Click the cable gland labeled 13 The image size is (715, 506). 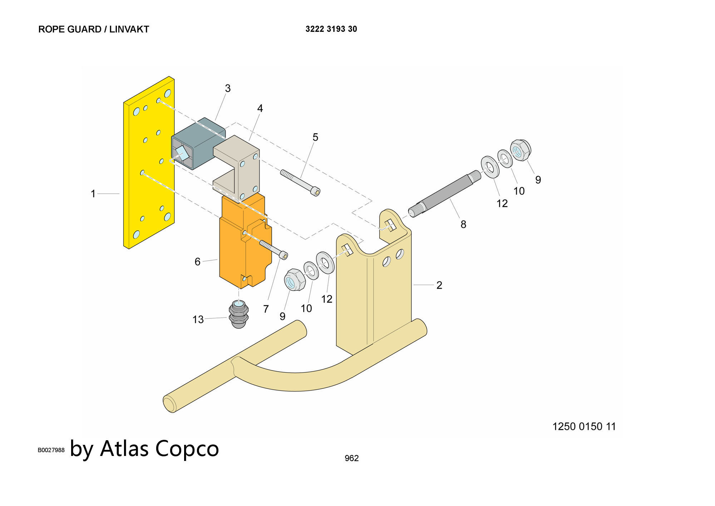[x=238, y=314]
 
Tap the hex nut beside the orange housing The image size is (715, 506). [x=294, y=280]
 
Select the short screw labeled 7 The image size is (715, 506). [x=273, y=249]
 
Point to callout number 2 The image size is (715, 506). [x=439, y=285]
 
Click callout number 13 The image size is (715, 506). [x=198, y=319]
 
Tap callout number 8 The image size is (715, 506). [x=463, y=225]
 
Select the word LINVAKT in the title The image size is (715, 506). [x=129, y=29]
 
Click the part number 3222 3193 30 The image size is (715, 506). [x=331, y=29]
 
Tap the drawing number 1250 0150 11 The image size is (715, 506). [x=584, y=426]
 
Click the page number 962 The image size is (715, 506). [x=351, y=458]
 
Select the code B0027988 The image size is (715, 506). [x=51, y=450]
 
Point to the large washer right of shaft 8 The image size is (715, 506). [x=490, y=167]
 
